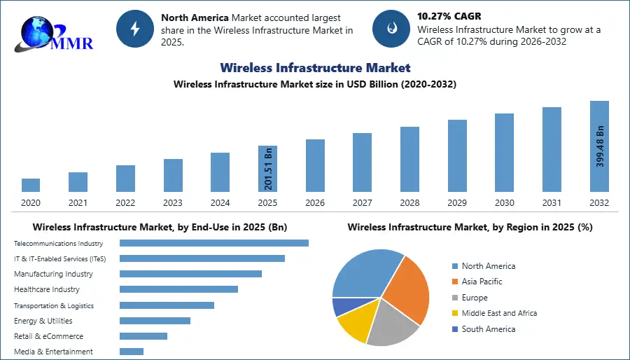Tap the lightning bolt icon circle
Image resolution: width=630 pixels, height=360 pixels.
(135, 28)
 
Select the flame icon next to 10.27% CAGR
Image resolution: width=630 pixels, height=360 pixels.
(391, 28)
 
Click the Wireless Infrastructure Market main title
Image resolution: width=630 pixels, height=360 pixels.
(315, 68)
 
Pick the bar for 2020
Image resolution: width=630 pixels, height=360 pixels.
(31, 185)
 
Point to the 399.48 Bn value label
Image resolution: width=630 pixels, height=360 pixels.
(600, 146)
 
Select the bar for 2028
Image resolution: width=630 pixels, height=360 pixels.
(409, 159)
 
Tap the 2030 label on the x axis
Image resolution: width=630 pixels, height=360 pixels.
(504, 202)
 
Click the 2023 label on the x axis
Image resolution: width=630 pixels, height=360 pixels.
(173, 202)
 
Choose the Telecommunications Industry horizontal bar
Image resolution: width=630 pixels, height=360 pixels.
(213, 243)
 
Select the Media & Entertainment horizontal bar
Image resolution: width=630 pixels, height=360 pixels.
(132, 352)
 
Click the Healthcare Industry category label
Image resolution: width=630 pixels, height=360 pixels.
(47, 289)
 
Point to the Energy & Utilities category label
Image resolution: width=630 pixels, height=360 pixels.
(43, 321)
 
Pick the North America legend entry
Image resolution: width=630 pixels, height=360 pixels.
(488, 266)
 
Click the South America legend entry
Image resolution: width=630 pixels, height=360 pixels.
(488, 328)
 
